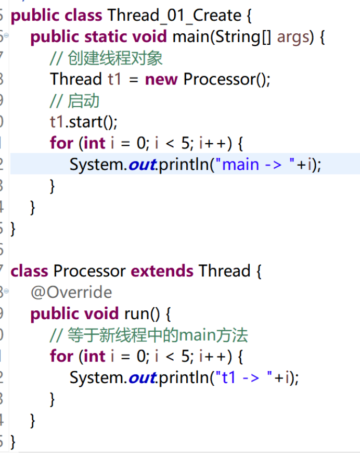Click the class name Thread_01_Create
coord(174,16)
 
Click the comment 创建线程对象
coord(115,58)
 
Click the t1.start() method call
coord(83,122)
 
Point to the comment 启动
coord(83,100)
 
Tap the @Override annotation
coord(71,292)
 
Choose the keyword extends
coord(162,271)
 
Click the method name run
coord(137,314)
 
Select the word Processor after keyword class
coord(89,271)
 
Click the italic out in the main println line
coord(141,165)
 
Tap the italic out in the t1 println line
coord(141,378)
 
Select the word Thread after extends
coord(225,271)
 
